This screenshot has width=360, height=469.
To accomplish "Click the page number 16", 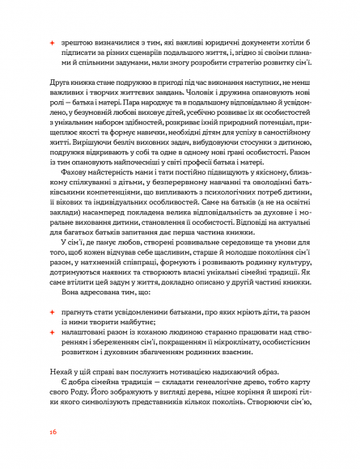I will pos(53,433).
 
